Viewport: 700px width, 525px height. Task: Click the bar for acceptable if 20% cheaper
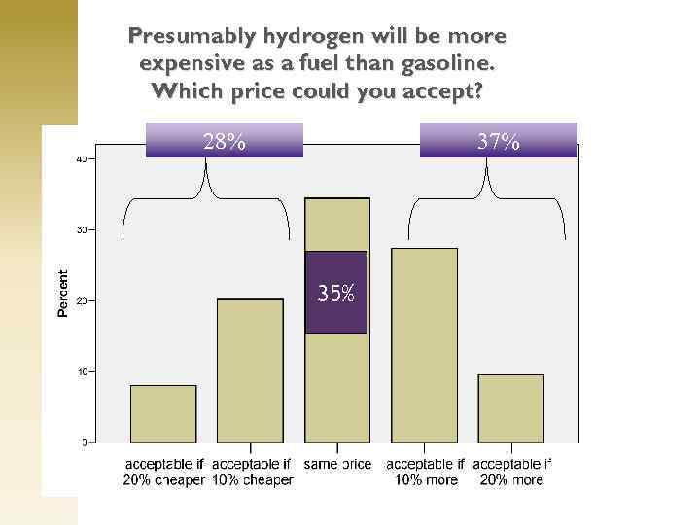point(163,414)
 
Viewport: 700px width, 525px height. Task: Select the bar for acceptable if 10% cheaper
point(250,370)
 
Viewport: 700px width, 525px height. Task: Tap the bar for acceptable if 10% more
point(424,345)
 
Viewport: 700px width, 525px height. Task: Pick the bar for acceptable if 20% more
point(510,408)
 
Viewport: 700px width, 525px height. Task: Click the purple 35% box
point(335,293)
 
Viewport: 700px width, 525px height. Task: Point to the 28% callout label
point(225,141)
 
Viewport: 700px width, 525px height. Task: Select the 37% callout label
point(498,141)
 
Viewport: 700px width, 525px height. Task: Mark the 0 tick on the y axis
point(84,443)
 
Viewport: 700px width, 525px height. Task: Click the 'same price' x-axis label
point(337,464)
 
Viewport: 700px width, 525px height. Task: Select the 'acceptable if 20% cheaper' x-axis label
point(163,472)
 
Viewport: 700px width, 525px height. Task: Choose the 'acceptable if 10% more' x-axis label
point(425,472)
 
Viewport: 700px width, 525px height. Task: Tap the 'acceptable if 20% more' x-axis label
point(511,472)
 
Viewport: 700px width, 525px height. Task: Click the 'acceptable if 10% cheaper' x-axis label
point(251,472)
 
